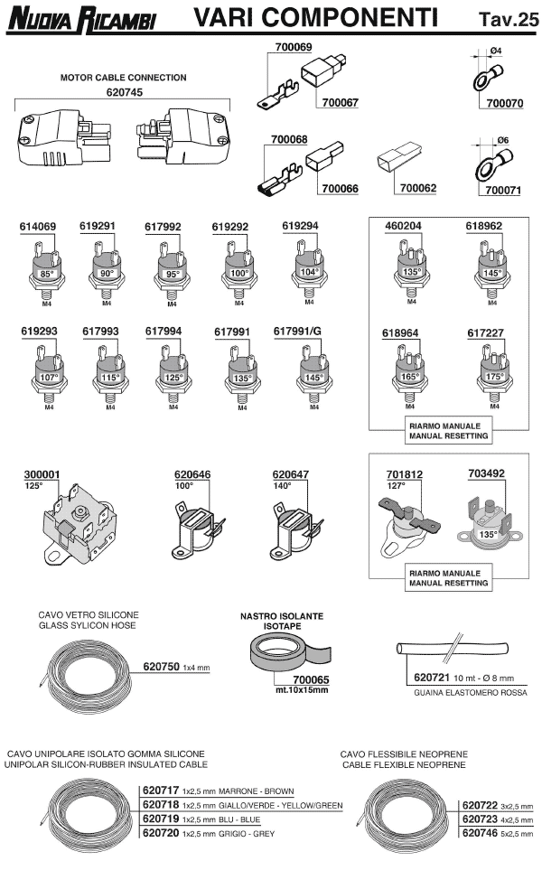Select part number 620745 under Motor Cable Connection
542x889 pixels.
click(x=123, y=91)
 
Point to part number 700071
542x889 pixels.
click(x=504, y=191)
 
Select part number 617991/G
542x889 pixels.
click(x=297, y=332)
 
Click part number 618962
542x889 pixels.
click(x=484, y=226)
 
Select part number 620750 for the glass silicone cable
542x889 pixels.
click(x=162, y=667)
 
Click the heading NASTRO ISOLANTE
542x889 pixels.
click(x=281, y=615)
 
